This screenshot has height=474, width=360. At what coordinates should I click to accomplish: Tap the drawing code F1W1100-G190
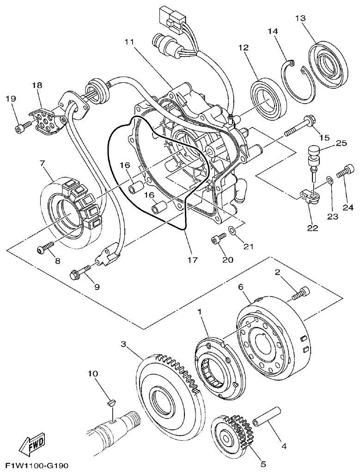pyautogui.click(x=37, y=466)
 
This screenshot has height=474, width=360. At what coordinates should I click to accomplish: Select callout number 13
pyautogui.click(x=300, y=18)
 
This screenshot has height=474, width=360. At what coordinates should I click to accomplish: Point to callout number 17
pyautogui.click(x=192, y=260)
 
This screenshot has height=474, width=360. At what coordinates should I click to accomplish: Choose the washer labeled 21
pyautogui.click(x=232, y=229)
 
